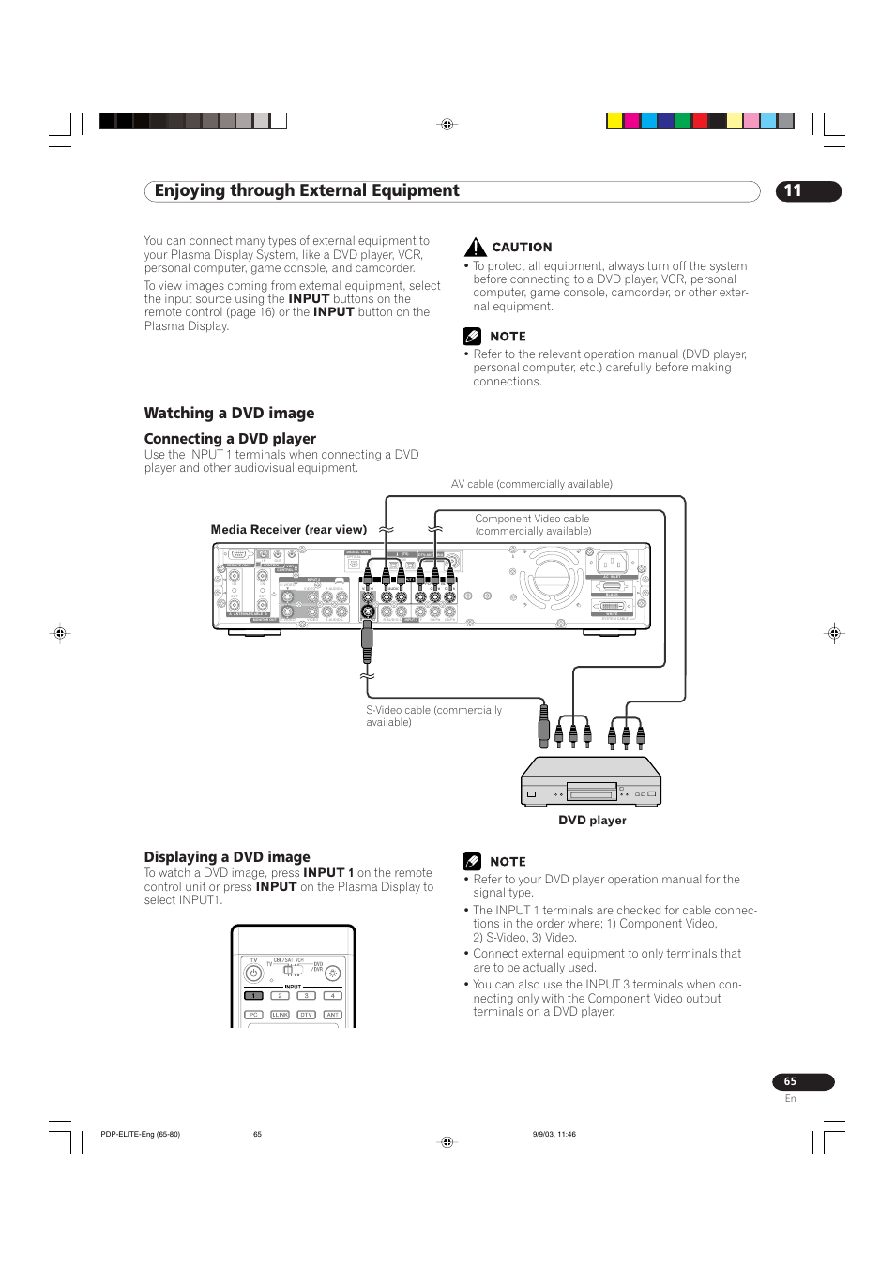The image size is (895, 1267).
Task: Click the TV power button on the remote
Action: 253,973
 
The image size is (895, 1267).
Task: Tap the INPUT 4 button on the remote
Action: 332,996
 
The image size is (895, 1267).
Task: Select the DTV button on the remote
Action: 306,1015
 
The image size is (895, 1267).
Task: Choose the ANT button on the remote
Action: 332,1015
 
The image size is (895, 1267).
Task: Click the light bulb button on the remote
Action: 332,973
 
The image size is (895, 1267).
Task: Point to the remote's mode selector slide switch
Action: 288,970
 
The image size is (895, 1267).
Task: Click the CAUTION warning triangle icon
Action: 476,248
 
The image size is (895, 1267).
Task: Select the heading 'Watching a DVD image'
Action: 229,414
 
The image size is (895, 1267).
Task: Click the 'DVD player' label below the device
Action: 592,821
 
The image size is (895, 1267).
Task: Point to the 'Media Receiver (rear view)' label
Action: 288,530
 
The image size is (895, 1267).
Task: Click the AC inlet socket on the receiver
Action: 612,563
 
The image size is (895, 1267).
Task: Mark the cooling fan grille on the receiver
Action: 551,577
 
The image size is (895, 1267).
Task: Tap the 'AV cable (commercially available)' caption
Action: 531,485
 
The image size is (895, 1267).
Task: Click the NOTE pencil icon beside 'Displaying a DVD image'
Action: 472,862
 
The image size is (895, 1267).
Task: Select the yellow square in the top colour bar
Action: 614,121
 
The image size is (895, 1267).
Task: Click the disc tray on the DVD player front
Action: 591,794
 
